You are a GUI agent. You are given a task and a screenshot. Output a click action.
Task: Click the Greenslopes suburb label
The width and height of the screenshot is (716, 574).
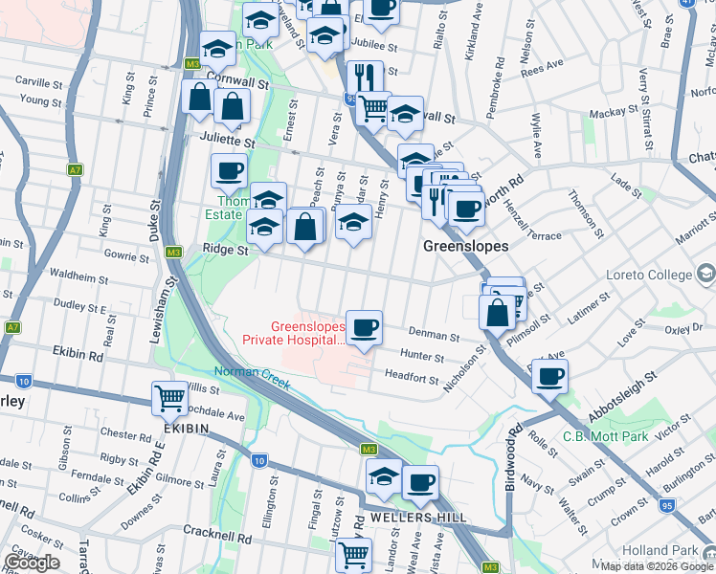[x=465, y=246]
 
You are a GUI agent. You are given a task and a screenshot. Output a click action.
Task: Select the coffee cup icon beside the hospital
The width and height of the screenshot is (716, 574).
[x=364, y=329]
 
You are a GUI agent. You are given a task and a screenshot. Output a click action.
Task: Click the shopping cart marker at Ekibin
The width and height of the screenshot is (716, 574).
[x=170, y=397]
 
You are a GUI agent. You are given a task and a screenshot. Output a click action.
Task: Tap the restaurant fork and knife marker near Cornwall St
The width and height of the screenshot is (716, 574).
[x=366, y=77]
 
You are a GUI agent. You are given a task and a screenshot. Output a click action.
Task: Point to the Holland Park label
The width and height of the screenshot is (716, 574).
[x=666, y=550]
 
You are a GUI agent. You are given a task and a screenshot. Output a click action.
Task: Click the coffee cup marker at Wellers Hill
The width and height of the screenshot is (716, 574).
[x=420, y=482]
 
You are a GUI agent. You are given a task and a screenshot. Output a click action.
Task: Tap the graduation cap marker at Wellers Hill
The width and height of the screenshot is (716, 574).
[x=384, y=475]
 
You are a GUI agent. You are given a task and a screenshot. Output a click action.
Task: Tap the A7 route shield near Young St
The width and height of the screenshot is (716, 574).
[x=75, y=170]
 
